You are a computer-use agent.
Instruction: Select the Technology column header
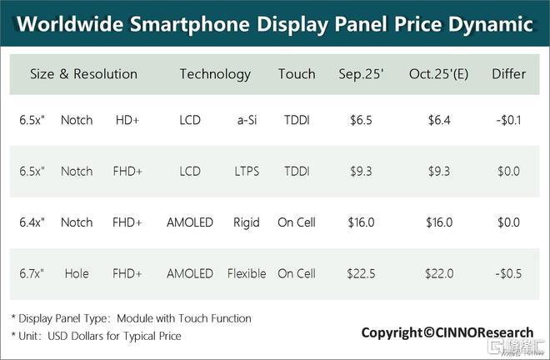215,74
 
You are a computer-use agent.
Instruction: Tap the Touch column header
297,74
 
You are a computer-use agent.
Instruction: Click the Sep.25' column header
360,74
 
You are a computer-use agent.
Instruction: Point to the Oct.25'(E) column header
438,74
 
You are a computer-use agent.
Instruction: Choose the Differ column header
508,74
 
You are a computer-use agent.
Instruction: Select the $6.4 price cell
439,121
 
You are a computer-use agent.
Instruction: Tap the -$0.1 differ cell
508,121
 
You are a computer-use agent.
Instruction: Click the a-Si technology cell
247,121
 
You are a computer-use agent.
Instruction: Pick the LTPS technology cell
247,172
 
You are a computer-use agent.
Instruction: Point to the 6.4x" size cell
32,222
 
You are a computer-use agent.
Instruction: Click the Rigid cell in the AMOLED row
247,222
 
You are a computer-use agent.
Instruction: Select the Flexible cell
247,273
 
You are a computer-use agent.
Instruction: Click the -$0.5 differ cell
508,273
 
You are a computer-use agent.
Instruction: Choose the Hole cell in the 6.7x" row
77,273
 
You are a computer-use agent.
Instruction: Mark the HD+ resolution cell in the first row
127,121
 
